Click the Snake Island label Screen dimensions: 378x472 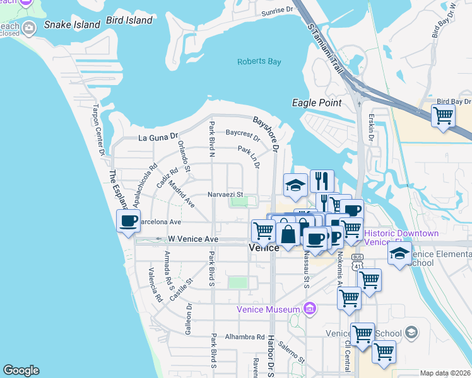coord(72,25)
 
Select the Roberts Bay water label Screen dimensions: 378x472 coord(259,62)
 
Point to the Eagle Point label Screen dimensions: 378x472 coord(317,103)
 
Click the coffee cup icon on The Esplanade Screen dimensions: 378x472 coord(129,221)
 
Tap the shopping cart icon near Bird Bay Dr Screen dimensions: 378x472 coord(444,116)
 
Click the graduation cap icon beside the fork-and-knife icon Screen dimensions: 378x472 coord(295,185)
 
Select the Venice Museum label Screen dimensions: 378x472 coord(268,309)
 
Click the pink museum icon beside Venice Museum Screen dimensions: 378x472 coord(309,309)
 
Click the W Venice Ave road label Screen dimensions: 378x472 coord(193,239)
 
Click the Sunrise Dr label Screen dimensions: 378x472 coord(278,10)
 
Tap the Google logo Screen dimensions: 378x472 coord(21,370)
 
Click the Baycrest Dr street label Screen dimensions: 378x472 coord(243,134)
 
